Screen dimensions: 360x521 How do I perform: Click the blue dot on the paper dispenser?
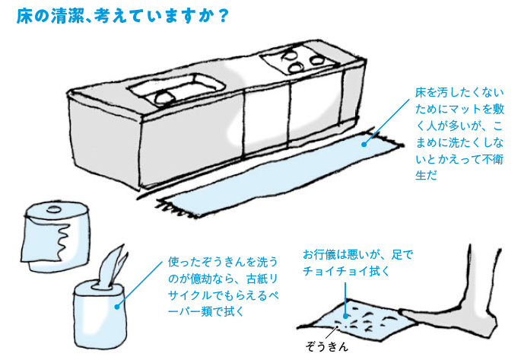pos(116,307)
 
